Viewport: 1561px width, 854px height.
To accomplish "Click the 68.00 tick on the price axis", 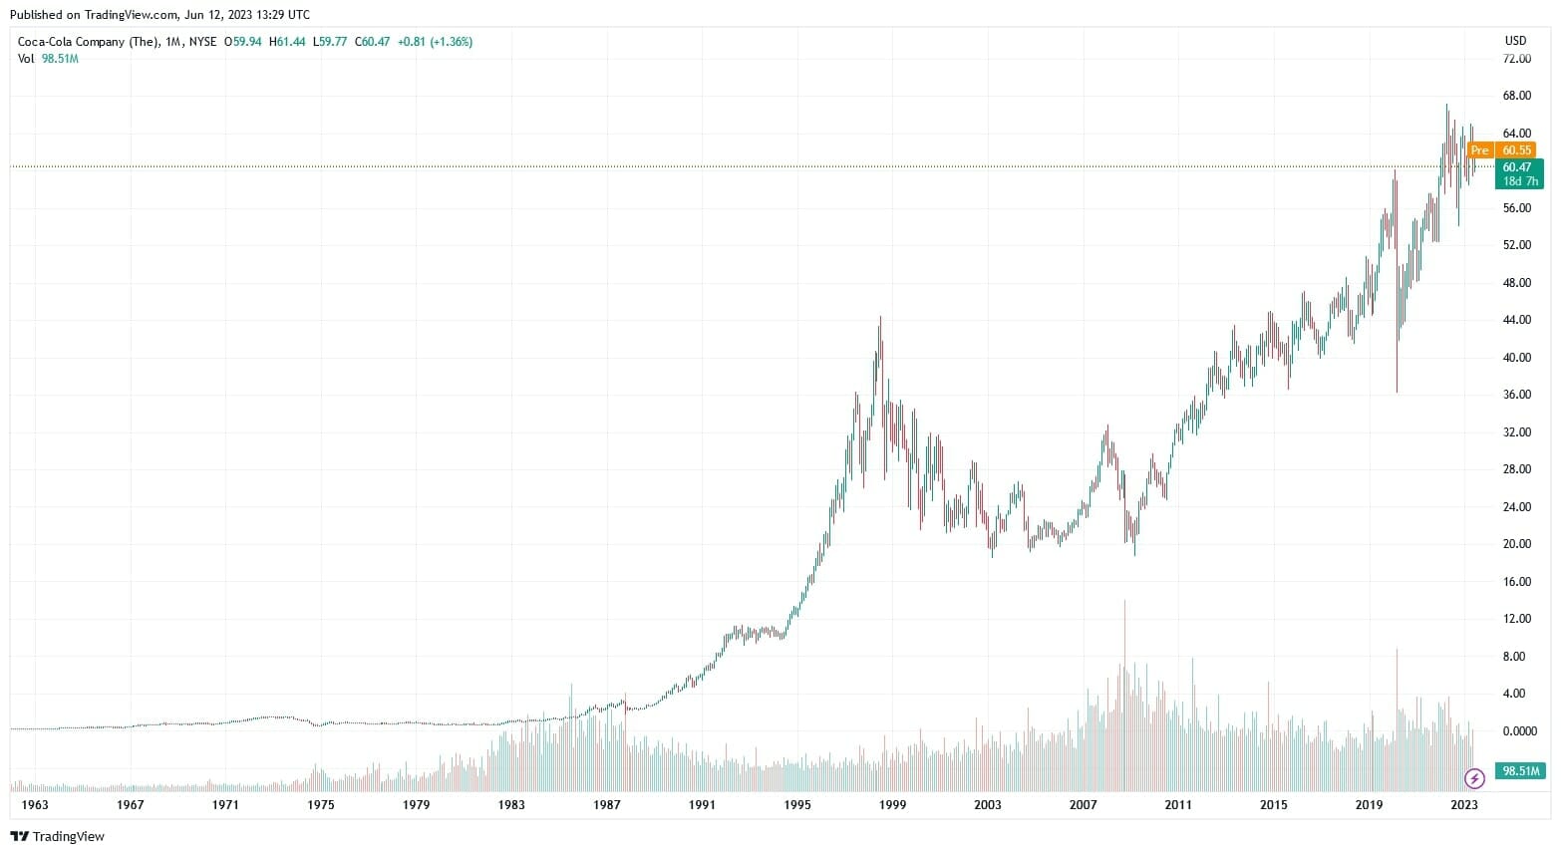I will pos(1516,96).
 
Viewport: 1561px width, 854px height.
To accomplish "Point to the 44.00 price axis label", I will pos(1516,320).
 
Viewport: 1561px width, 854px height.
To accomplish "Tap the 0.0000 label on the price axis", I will pos(1519,730).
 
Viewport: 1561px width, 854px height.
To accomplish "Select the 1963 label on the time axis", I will pos(35,805).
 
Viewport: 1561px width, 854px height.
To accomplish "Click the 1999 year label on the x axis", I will pos(892,805).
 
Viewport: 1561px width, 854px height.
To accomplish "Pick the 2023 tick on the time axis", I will pos(1463,805).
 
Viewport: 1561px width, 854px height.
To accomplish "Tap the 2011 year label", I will pos(1178,805).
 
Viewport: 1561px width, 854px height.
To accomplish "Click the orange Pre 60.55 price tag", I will pos(1500,150).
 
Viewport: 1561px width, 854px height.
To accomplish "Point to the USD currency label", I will pos(1515,41).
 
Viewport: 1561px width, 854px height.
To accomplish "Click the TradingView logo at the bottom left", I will pos(57,836).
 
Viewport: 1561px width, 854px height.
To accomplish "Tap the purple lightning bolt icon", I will pos(1474,778).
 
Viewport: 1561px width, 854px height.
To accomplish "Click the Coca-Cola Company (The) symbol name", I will pos(88,42).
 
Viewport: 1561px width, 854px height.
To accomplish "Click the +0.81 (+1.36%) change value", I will pos(435,42).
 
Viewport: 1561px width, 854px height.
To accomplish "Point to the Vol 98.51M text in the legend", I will pos(48,59).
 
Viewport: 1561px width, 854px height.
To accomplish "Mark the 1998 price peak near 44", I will pos(880,319).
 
